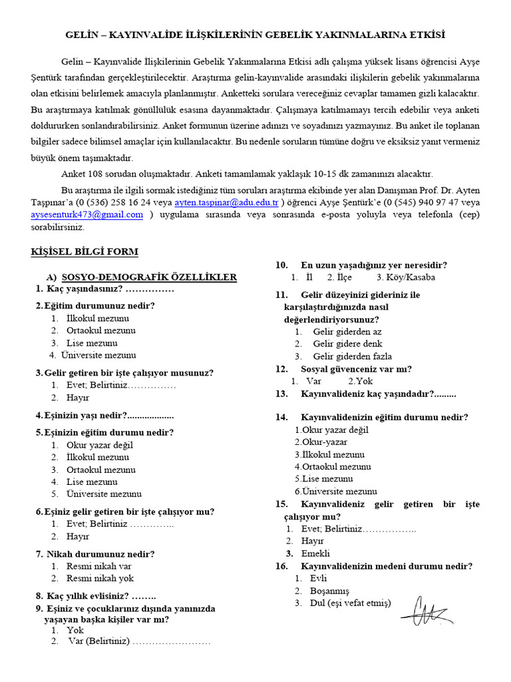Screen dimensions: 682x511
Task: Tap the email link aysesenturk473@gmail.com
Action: click(x=86, y=214)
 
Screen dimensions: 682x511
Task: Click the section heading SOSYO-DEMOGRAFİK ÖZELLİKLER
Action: click(x=149, y=276)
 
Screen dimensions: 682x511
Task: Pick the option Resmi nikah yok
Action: click(x=100, y=578)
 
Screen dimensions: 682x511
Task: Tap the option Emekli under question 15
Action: click(x=315, y=553)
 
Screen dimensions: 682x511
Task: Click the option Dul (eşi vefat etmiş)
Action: click(x=351, y=603)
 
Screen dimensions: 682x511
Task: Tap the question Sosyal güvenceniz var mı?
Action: click(x=356, y=368)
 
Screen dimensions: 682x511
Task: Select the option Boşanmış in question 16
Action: click(x=329, y=591)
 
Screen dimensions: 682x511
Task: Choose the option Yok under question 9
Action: click(x=75, y=629)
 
